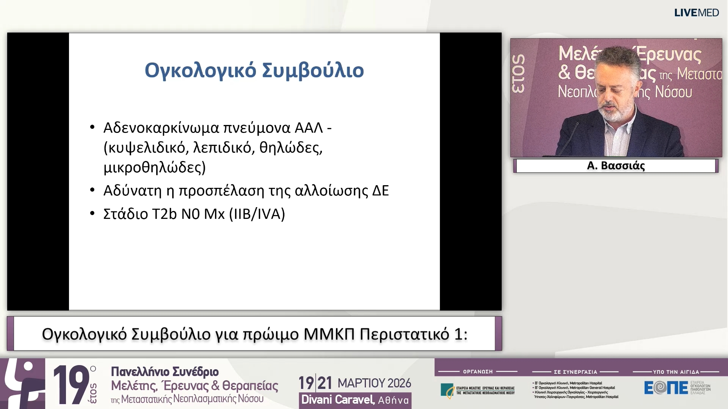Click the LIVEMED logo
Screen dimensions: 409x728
tap(696, 13)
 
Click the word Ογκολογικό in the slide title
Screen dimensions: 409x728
tap(200, 70)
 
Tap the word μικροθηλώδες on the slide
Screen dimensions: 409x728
tap(154, 167)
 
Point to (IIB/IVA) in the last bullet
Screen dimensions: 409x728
tap(257, 214)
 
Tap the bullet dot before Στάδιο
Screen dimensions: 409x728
tap(93, 214)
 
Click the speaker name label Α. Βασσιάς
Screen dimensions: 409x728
tap(616, 166)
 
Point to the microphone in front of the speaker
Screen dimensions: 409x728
tap(571, 136)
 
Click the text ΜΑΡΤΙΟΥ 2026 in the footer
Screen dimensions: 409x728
tap(374, 383)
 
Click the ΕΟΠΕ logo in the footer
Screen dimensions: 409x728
tap(666, 388)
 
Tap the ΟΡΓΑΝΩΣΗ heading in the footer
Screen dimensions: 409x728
tap(478, 372)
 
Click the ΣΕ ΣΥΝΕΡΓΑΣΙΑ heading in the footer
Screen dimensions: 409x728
tap(575, 372)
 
